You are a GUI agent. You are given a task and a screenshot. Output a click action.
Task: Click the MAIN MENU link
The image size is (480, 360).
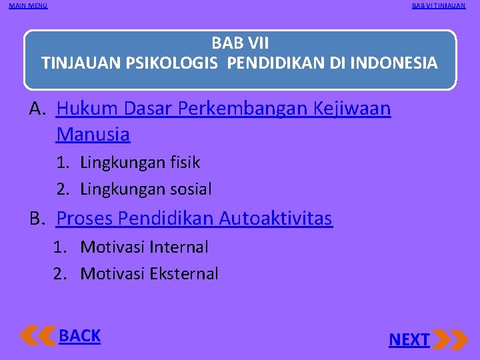(x=28, y=6)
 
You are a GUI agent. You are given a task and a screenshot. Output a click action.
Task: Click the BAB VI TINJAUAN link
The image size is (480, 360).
(x=439, y=6)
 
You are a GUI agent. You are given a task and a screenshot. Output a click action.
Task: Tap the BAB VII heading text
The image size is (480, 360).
(x=240, y=43)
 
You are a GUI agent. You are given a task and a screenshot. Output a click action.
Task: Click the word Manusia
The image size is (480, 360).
(x=93, y=135)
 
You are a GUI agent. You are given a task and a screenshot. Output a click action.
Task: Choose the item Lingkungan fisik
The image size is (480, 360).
(x=140, y=162)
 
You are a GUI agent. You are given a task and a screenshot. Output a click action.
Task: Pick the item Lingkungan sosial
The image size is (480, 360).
(x=146, y=189)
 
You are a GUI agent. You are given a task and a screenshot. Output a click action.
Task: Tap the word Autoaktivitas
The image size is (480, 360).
(x=275, y=218)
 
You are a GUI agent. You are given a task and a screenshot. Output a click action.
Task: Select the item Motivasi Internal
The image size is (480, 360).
(x=144, y=247)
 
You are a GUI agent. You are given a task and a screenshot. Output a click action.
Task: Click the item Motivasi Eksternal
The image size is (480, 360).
(x=149, y=274)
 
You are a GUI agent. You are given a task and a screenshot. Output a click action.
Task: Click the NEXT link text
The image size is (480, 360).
(x=409, y=340)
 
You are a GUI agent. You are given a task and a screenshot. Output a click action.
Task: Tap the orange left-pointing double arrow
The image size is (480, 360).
(x=38, y=335)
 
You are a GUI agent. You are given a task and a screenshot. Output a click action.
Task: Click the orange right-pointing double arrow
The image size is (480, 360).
(x=451, y=339)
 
